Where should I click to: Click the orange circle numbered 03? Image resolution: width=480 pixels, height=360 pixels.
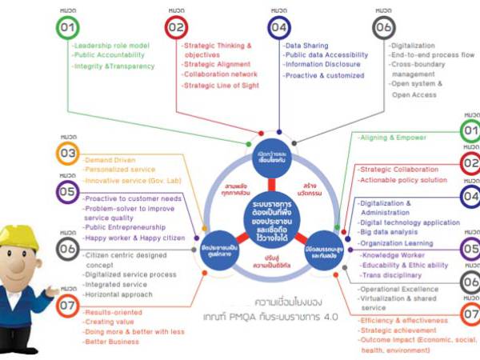tap(67, 152)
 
